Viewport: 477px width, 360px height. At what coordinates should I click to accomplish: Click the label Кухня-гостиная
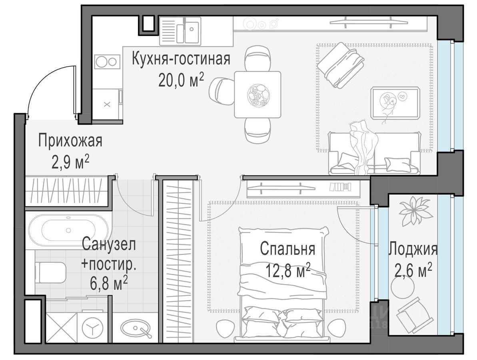[x=181, y=59]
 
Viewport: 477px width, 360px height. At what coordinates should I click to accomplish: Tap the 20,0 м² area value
[x=181, y=81]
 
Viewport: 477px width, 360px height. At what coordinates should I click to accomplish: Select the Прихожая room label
[x=70, y=141]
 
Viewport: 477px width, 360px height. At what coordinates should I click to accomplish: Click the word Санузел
[x=109, y=244]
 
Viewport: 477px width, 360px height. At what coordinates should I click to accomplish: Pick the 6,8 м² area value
[x=109, y=283]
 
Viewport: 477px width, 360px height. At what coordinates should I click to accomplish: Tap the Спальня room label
[x=287, y=249]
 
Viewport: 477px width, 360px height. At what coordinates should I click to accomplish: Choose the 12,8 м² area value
[x=287, y=270]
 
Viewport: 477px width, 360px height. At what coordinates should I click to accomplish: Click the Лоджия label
[x=413, y=249]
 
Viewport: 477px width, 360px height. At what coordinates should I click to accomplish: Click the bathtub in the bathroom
[x=68, y=230]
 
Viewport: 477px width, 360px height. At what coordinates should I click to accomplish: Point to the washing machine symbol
[x=93, y=327]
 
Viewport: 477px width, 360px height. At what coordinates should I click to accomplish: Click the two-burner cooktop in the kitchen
[x=106, y=62]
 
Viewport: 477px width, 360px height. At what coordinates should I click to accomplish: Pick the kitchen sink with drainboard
[x=180, y=30]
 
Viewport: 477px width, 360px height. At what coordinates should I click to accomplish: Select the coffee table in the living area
[x=395, y=102]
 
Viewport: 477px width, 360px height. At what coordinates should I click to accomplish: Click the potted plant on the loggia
[x=415, y=210]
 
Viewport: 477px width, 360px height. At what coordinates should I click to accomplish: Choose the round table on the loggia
[x=403, y=288]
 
